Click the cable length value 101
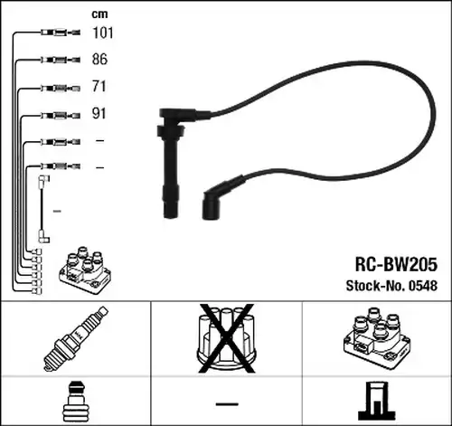(103, 33)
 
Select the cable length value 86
(99, 59)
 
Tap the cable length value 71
(99, 86)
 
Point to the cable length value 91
(99, 113)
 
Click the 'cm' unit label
(99, 14)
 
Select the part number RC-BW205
(396, 264)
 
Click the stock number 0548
(423, 286)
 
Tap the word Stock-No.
(375, 286)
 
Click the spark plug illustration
(76, 338)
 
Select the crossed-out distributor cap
(226, 338)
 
